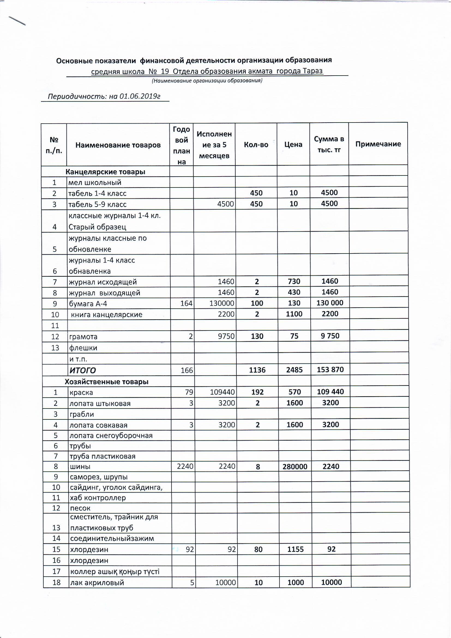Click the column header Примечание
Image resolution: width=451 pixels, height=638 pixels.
click(x=378, y=144)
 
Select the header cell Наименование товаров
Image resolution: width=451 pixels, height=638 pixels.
click(x=118, y=145)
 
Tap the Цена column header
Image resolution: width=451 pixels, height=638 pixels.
click(x=293, y=144)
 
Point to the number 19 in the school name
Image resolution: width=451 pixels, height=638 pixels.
click(x=165, y=71)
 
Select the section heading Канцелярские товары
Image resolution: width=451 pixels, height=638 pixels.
click(x=105, y=172)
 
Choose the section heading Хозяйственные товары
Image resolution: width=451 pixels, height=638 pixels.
click(x=107, y=381)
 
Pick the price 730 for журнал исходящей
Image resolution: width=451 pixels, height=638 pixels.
click(x=294, y=281)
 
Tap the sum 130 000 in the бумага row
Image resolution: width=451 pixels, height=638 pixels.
click(x=330, y=303)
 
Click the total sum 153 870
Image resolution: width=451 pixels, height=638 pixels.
click(x=330, y=369)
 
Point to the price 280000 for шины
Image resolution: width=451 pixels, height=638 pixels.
click(x=295, y=467)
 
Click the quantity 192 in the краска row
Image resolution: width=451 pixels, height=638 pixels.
click(x=257, y=392)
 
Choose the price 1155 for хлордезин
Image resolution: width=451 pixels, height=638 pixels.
click(x=296, y=549)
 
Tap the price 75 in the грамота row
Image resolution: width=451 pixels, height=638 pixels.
click(x=294, y=336)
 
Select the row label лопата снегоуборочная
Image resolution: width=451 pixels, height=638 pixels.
click(x=111, y=436)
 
